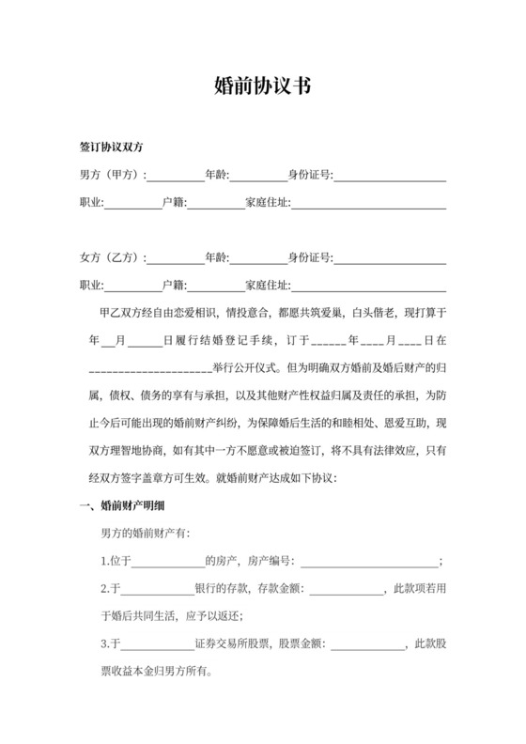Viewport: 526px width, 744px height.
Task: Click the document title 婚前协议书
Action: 262,87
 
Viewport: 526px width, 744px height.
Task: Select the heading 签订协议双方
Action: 111,148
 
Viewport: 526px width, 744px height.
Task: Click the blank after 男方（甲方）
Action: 176,177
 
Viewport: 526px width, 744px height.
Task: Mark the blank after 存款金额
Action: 347,590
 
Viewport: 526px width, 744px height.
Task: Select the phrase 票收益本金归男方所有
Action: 148,672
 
